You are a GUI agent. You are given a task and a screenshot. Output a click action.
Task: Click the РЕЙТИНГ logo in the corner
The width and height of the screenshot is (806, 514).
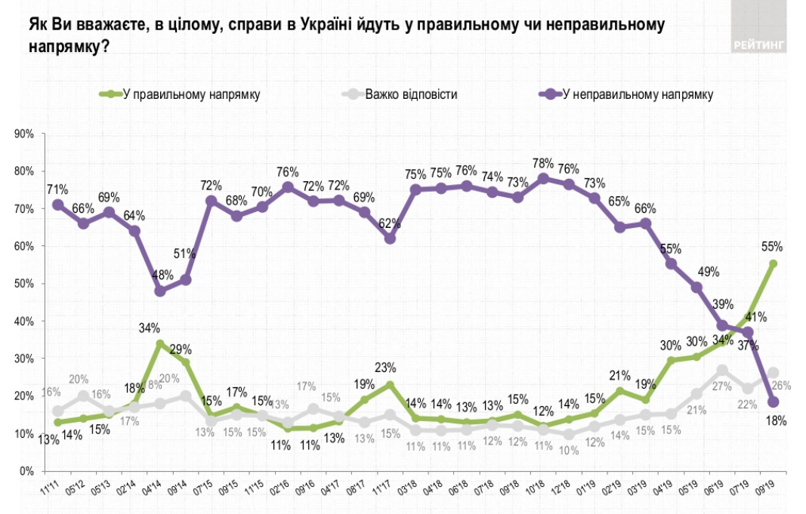point(758,45)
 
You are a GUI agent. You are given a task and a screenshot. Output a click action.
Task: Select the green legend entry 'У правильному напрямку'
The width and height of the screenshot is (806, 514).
point(189,95)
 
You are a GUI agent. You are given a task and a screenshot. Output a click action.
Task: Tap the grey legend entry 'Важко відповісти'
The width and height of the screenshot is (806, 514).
point(411,95)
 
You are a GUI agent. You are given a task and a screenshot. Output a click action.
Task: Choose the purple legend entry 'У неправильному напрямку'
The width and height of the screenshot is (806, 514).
point(638,95)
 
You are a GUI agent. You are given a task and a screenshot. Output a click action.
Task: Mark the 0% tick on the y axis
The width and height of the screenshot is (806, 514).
point(28,471)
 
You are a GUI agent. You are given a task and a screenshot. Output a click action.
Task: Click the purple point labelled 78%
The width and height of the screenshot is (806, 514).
point(543,178)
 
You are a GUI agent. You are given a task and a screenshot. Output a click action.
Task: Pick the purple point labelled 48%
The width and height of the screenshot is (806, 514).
point(159,291)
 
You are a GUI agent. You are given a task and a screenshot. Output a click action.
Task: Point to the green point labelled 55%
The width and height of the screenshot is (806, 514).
point(773,263)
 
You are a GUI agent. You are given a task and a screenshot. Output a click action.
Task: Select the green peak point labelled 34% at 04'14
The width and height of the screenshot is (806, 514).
point(159,343)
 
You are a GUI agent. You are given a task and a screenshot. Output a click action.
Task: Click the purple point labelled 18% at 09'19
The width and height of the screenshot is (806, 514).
point(773,402)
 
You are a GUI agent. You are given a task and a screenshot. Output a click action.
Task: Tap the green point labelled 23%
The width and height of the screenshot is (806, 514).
point(390,384)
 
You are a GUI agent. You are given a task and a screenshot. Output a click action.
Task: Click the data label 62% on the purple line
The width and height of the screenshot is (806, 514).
point(389,223)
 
